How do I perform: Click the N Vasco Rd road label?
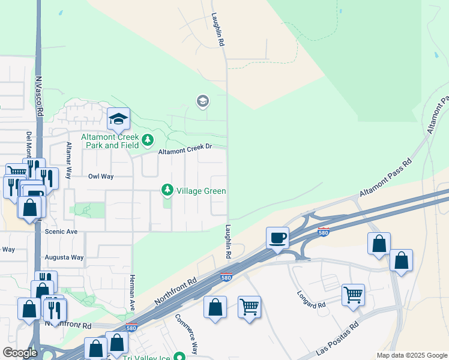39,96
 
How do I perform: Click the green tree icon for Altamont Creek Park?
148,140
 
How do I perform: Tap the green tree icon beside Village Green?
167,191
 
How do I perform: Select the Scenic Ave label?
61,231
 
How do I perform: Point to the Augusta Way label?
64,257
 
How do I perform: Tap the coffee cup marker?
278,238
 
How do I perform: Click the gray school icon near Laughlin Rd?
203,101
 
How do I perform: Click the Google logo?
20,353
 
